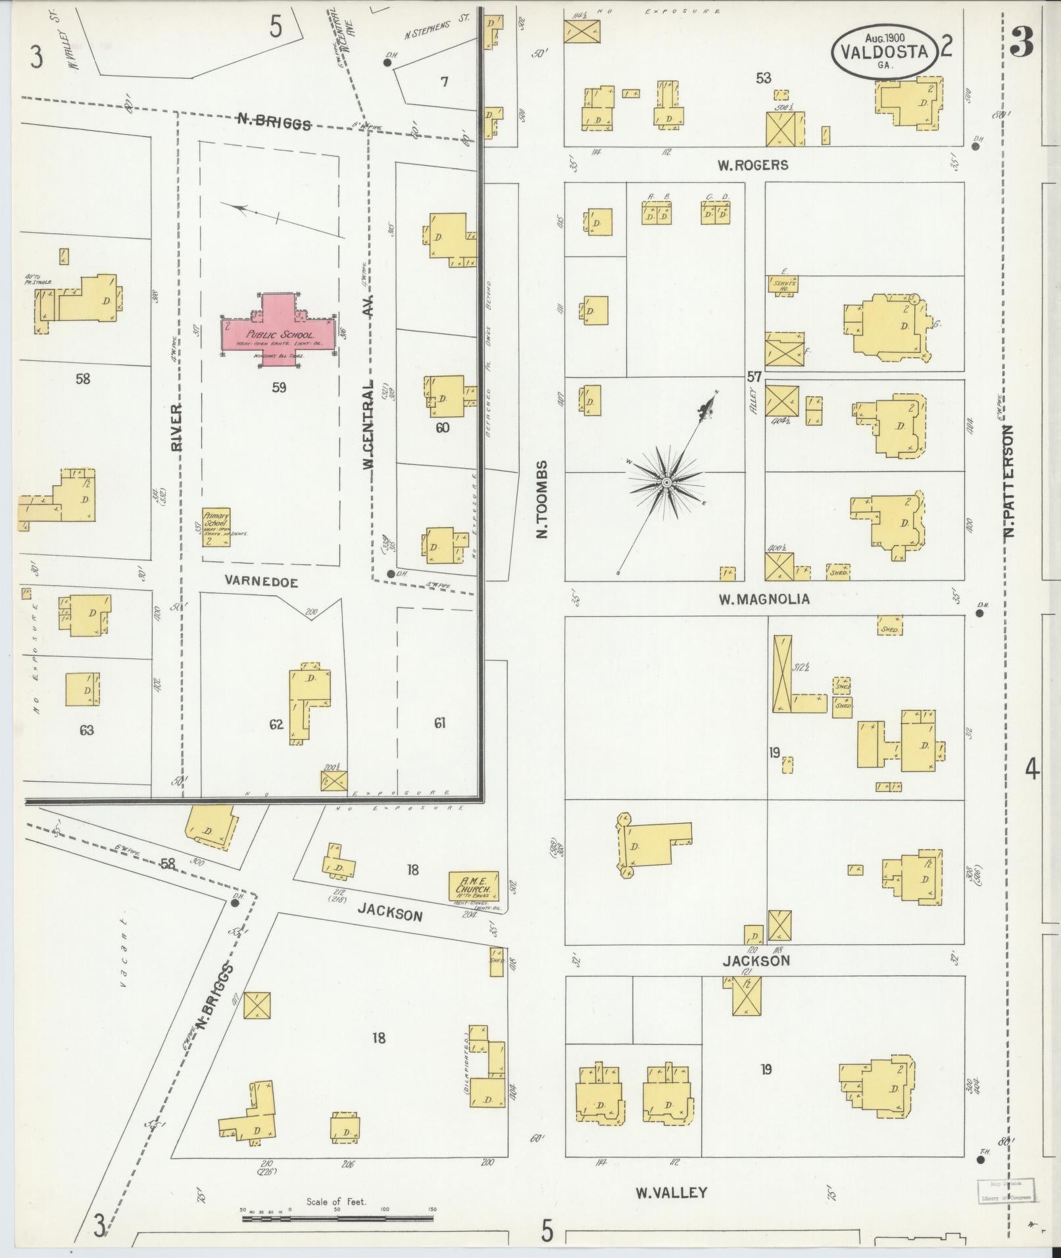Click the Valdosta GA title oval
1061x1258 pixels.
(883, 51)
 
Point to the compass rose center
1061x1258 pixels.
(666, 483)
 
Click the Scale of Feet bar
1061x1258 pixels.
(337, 1219)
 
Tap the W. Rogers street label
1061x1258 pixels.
(753, 165)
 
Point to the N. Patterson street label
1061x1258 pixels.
(1010, 479)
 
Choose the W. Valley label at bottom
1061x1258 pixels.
(671, 1192)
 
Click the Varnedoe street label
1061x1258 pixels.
(261, 582)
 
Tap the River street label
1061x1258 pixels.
(176, 427)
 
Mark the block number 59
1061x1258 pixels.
(279, 388)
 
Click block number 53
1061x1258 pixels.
(763, 78)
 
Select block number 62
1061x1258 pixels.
(276, 725)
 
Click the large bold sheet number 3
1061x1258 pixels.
(1022, 41)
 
